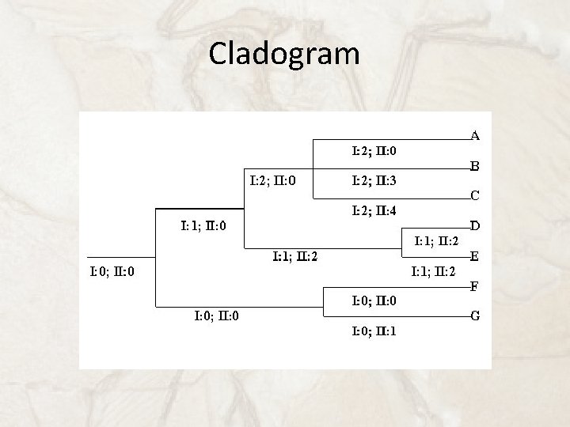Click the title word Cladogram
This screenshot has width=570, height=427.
[284, 54]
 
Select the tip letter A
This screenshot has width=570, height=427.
[475, 135]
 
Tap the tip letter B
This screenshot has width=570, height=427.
[475, 167]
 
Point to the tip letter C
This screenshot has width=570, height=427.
[475, 195]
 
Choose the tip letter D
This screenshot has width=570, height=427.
[475, 226]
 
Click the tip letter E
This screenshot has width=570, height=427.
[475, 256]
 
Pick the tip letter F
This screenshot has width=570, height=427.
[475, 286]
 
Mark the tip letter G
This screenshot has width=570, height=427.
[475, 316]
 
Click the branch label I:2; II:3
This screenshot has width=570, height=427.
[374, 181]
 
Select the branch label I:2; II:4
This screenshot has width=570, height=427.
[374, 210]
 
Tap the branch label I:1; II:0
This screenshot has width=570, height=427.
[203, 226]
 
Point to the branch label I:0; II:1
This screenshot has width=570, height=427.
[374, 331]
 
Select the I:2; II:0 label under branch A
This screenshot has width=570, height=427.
[374, 149]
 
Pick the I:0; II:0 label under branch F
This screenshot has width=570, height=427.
[374, 301]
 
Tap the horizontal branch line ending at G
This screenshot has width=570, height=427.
[396, 317]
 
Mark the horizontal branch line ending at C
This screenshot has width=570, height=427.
[356, 197]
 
